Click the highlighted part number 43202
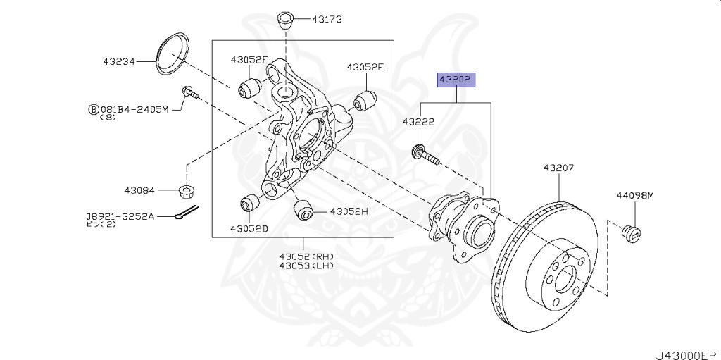coord(456,80)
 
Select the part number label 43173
coord(327,20)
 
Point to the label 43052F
coord(249,60)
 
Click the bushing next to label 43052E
coord(363,101)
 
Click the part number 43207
coord(558,168)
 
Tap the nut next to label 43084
coord(187,190)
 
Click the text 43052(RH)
coord(306,256)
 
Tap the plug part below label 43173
coord(284,18)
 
